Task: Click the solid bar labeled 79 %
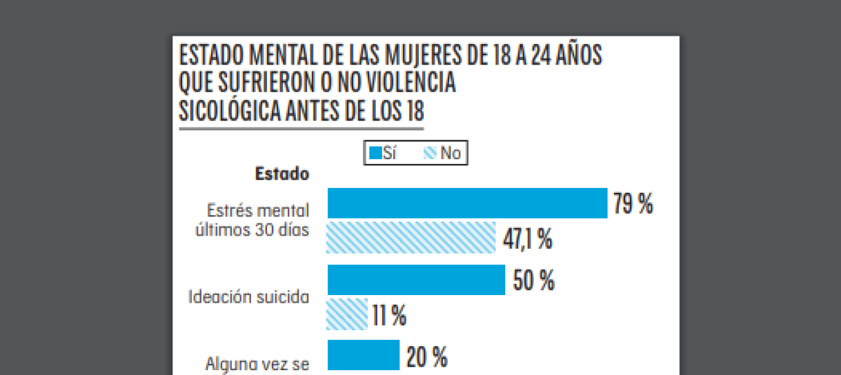click(x=467, y=203)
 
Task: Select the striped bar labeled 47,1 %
click(x=411, y=237)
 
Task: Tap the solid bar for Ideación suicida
click(x=416, y=280)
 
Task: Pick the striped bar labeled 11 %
click(x=347, y=313)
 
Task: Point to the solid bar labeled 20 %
click(x=363, y=355)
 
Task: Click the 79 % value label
click(x=634, y=205)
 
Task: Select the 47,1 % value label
click(x=527, y=239)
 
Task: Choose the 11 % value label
click(x=390, y=316)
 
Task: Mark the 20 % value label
click(x=426, y=358)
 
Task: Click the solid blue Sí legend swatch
click(x=375, y=153)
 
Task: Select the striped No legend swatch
click(x=430, y=153)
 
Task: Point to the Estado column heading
click(x=282, y=173)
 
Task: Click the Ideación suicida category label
click(x=249, y=296)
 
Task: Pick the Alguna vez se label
click(x=257, y=364)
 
